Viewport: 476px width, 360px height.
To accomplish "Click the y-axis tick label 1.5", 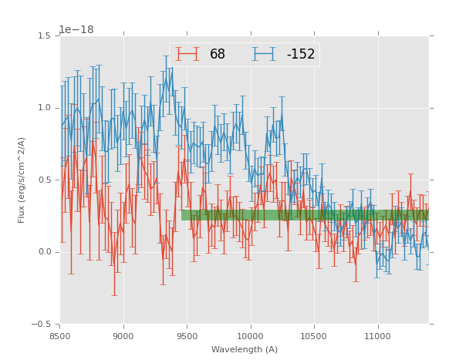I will pyautogui.click(x=43, y=36).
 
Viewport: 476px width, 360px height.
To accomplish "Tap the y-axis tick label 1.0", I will pyautogui.click(x=43, y=108).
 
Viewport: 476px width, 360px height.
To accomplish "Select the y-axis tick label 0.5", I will pyautogui.click(x=43, y=180).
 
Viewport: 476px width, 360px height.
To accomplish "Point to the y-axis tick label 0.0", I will pyautogui.click(x=43, y=252).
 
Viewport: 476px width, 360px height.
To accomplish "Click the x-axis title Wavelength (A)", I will pyautogui.click(x=245, y=350).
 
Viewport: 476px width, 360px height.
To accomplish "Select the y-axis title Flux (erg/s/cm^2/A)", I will pyautogui.click(x=22, y=180).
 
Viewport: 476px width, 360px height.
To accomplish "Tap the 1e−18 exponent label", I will pyautogui.click(x=76, y=30).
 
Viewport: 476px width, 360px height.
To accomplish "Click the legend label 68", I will pyautogui.click(x=218, y=55).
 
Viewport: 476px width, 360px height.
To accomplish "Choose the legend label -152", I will pyautogui.click(x=300, y=55).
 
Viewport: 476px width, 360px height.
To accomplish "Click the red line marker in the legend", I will pyautogui.click(x=187, y=54).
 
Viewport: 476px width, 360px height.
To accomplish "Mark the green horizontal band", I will pyautogui.click(x=305, y=215).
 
